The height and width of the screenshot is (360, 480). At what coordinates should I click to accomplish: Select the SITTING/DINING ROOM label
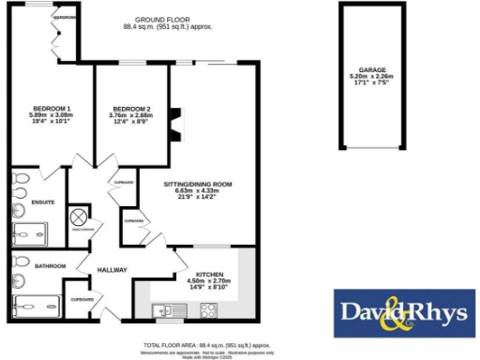click(198, 183)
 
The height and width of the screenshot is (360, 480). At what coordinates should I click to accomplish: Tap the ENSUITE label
click(43, 202)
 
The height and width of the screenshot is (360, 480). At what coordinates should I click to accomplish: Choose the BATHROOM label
click(50, 265)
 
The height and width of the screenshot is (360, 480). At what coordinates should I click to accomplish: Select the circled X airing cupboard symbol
click(81, 217)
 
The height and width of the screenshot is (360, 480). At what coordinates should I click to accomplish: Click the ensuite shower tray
click(34, 230)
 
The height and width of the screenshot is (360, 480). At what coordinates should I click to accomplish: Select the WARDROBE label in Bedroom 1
click(65, 18)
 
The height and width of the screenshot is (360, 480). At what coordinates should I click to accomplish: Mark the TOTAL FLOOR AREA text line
click(207, 345)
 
